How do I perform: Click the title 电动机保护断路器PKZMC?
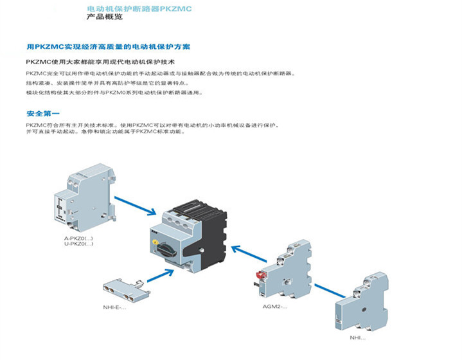coord(139,9)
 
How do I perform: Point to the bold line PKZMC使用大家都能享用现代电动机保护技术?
coord(100,62)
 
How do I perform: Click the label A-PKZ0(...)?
coord(78,239)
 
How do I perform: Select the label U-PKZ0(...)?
coord(78,244)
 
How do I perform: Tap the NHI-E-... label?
coord(115,307)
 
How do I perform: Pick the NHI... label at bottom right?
coord(357,337)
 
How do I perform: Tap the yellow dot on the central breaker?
coord(156,241)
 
